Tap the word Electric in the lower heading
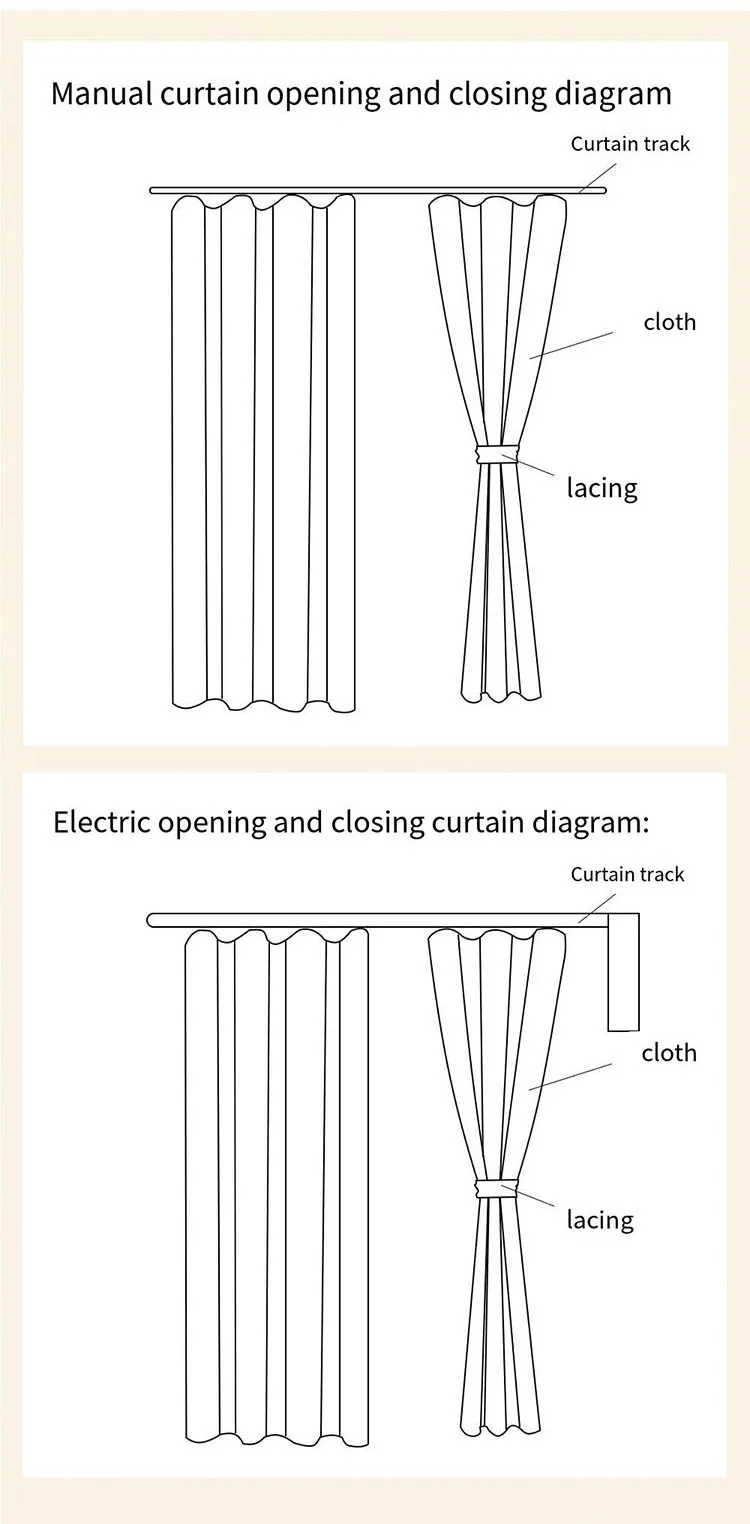(101, 823)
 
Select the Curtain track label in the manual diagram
(630, 144)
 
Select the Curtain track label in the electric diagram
(627, 874)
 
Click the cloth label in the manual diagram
(669, 322)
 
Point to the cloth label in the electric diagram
(669, 1053)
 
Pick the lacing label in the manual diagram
(602, 488)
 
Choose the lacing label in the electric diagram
(600, 1219)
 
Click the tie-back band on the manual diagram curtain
(498, 453)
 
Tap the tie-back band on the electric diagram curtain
(497, 1187)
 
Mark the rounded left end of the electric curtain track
(153, 920)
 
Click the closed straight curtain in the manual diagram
(263, 450)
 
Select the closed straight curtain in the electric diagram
(276, 1180)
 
